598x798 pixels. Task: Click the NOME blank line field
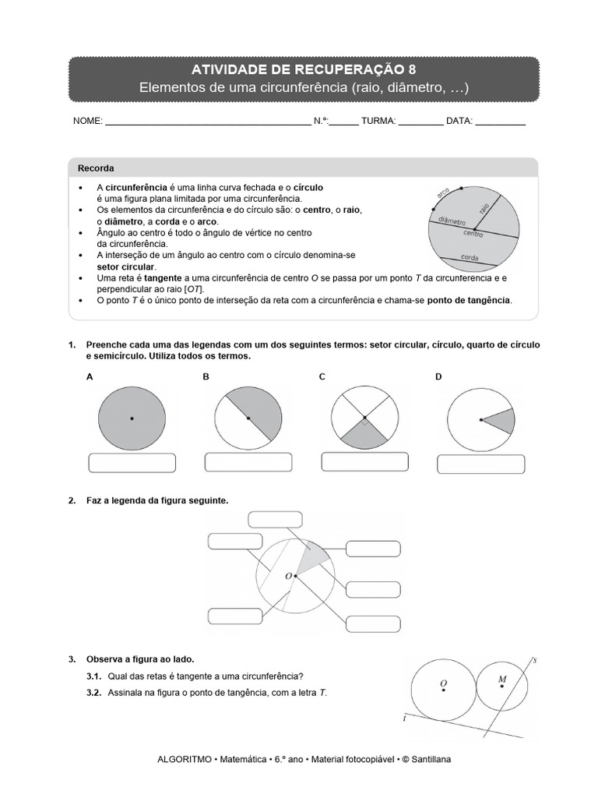pyautogui.click(x=206, y=122)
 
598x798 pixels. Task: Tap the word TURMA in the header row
pyautogui.click(x=378, y=122)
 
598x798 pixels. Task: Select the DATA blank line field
pyautogui.click(x=500, y=122)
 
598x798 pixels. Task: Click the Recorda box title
pyautogui.click(x=96, y=168)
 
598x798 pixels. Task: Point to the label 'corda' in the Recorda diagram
pyautogui.click(x=470, y=257)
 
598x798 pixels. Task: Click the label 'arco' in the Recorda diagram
pyautogui.click(x=444, y=192)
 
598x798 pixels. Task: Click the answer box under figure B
pyautogui.click(x=247, y=464)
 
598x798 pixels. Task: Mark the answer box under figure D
pyautogui.click(x=480, y=464)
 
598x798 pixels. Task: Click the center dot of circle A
pyautogui.click(x=132, y=418)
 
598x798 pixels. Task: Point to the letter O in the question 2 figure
pyautogui.click(x=288, y=576)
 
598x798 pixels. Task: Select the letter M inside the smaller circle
pyautogui.click(x=502, y=680)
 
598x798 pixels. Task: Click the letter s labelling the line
pyautogui.click(x=534, y=661)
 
